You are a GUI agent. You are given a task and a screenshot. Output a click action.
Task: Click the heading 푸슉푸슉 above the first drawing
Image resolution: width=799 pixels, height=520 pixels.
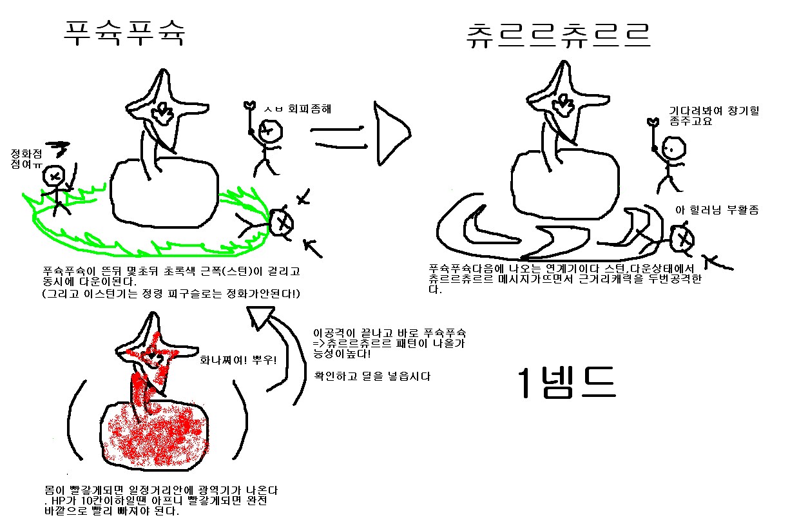[x=124, y=33]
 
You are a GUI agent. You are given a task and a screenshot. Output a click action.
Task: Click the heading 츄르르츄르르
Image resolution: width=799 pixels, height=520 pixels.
[x=558, y=35]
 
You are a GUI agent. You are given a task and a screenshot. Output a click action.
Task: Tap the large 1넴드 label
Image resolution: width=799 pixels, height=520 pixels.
[x=566, y=383]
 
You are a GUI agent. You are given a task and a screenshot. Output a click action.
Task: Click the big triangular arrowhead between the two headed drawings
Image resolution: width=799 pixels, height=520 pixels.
[x=390, y=134]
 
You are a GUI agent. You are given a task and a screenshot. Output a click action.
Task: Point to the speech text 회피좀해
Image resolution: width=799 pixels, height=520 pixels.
[x=309, y=108]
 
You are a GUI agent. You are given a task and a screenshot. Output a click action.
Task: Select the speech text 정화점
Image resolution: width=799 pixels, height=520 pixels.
[x=26, y=154]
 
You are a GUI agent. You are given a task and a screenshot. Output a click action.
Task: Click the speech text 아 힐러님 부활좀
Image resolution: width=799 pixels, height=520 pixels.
[x=717, y=209]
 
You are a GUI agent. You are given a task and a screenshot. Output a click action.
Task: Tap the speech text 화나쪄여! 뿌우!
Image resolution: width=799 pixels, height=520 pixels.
[x=238, y=360]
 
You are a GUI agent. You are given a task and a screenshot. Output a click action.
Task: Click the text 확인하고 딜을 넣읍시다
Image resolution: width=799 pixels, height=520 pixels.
[x=372, y=376]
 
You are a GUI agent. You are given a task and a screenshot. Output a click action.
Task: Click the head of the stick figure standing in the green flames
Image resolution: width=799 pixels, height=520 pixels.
[x=54, y=176]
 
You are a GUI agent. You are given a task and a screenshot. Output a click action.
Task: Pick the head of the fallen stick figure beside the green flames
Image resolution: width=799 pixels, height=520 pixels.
[x=281, y=222]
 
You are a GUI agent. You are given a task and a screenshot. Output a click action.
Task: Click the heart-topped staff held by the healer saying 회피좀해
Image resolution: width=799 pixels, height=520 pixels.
[x=250, y=119]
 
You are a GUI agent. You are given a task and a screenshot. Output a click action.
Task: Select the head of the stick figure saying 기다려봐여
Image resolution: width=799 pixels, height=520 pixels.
[x=673, y=148]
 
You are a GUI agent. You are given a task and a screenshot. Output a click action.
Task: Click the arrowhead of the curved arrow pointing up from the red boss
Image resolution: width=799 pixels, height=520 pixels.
[x=260, y=318]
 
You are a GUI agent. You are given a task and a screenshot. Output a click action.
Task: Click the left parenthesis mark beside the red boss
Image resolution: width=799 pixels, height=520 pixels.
[x=76, y=420]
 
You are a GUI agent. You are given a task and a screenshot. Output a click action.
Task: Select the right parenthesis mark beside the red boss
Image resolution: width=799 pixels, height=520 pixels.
[x=240, y=420]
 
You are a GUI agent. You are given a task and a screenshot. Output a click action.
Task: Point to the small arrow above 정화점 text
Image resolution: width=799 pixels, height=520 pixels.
[x=58, y=149]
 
